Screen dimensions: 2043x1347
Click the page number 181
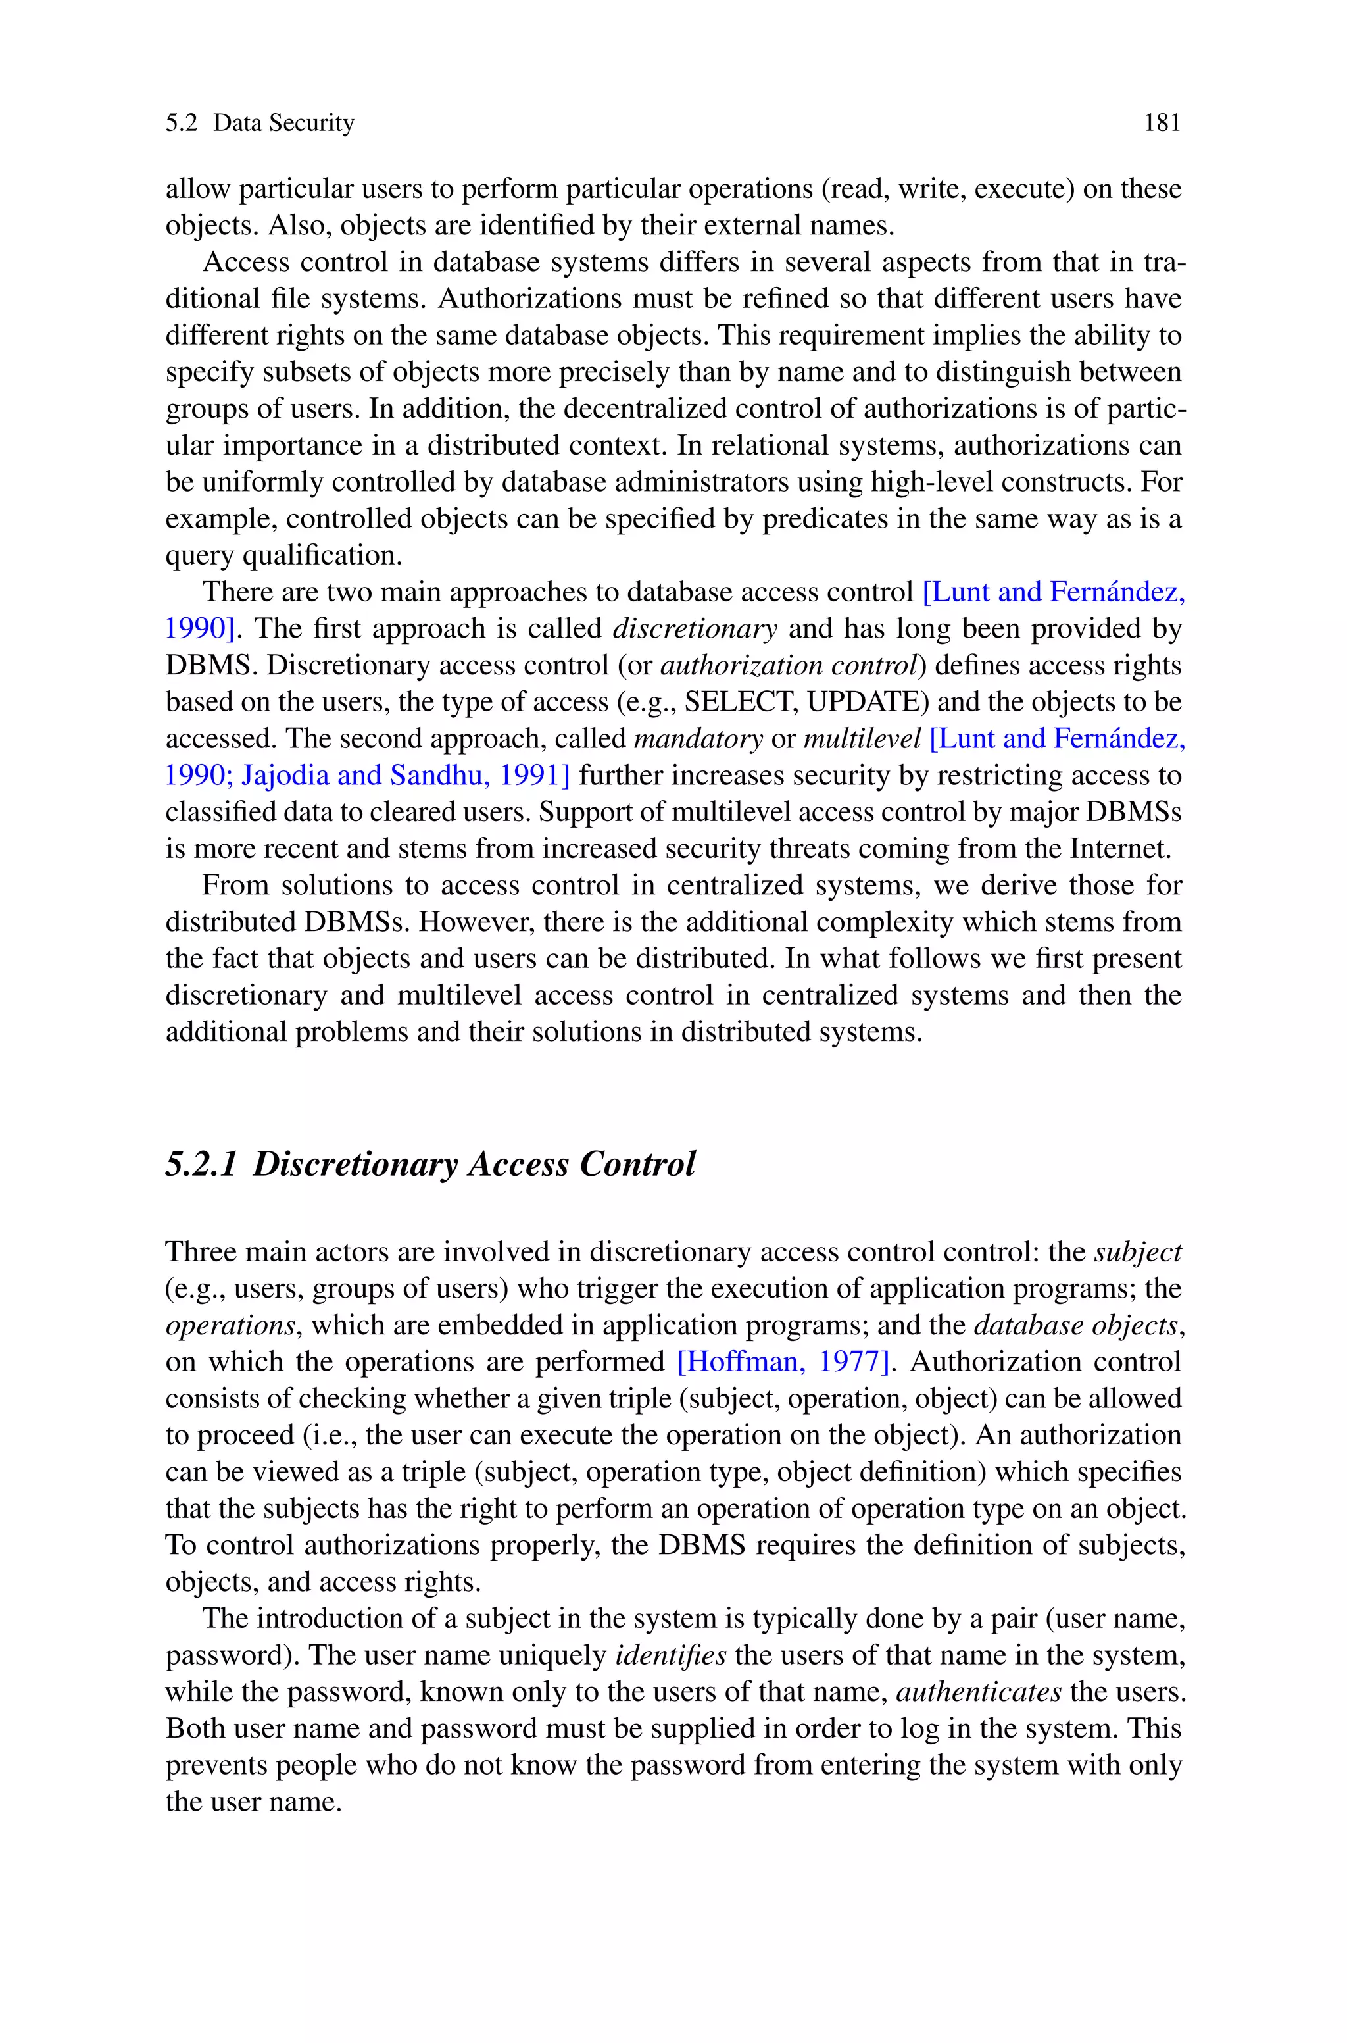(x=1162, y=124)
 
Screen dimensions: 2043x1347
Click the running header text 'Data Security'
(x=283, y=124)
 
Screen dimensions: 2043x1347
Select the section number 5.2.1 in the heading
(x=200, y=1164)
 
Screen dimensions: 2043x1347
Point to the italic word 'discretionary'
(x=694, y=629)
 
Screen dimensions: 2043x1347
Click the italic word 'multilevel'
(x=862, y=739)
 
